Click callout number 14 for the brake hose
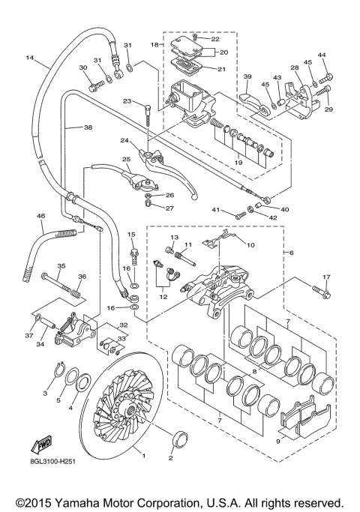point(30,58)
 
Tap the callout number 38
point(88,128)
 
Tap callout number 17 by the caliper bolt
point(326,277)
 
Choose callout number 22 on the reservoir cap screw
point(214,38)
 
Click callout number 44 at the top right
point(323,55)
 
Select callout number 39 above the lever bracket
point(247,76)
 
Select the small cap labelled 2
point(180,438)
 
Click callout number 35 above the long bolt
point(61,265)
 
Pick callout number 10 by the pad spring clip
point(250,244)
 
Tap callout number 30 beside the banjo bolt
point(83,67)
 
